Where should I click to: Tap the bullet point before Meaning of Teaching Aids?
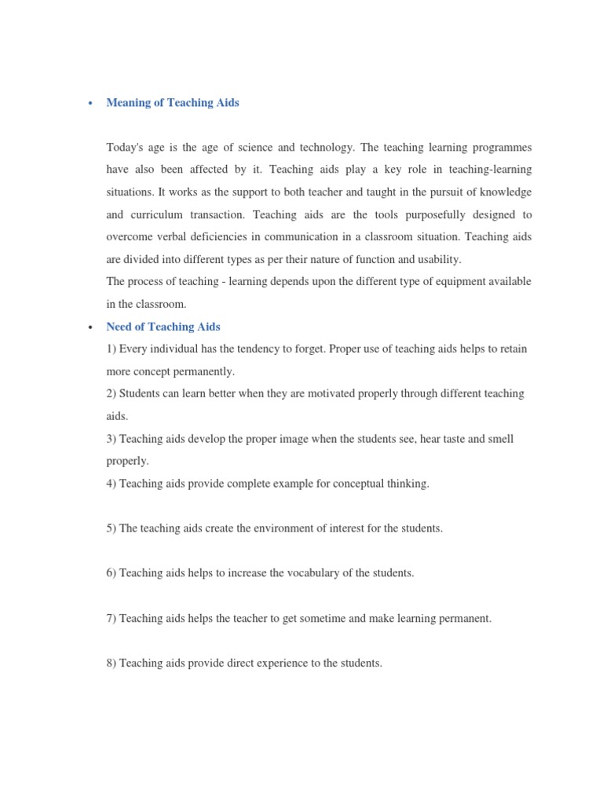pos(91,104)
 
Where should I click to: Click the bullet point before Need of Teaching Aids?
pos(91,327)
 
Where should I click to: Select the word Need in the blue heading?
pos(119,327)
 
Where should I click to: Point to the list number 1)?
pos(111,349)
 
